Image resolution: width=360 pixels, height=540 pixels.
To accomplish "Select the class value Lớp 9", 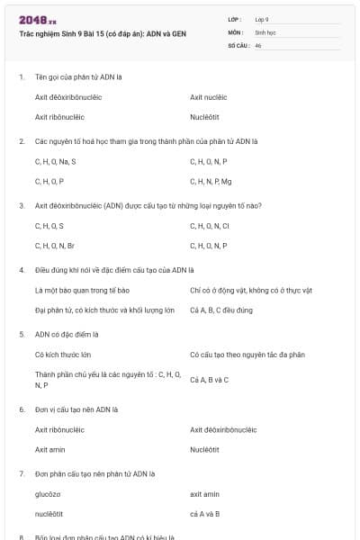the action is click(262, 19).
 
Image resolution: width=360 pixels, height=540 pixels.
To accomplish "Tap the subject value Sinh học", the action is click(265, 31).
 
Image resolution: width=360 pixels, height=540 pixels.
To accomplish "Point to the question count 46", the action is click(258, 45).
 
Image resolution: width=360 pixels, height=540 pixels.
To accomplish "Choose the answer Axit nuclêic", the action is click(209, 97).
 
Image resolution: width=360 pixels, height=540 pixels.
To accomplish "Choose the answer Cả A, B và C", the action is click(210, 379).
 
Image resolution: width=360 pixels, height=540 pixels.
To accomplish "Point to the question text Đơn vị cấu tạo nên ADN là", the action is click(76, 409).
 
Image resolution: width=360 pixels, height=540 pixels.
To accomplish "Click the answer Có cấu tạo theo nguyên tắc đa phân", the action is click(247, 355).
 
